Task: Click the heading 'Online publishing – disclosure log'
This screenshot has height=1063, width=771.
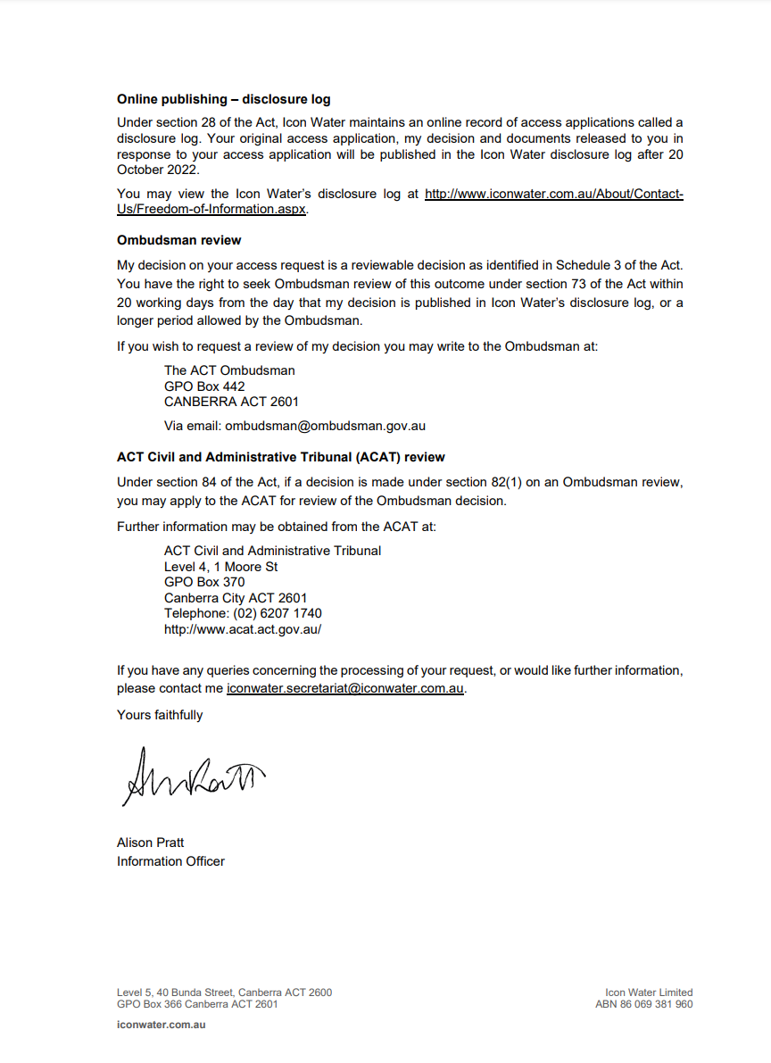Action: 223,99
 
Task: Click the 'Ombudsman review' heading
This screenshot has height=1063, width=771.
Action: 178,240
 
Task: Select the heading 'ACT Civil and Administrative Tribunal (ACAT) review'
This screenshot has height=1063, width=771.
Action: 280,457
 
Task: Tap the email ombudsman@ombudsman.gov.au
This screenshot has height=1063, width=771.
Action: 325,426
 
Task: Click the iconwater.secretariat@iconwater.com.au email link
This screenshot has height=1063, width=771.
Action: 345,689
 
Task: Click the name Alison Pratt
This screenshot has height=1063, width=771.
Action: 150,843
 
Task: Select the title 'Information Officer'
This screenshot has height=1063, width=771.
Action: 170,861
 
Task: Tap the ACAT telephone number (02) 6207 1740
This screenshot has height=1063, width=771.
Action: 278,613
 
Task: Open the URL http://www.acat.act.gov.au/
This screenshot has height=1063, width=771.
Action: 243,629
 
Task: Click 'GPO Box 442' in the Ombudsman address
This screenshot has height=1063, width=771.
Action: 204,386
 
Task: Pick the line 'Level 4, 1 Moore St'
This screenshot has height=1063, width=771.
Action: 220,567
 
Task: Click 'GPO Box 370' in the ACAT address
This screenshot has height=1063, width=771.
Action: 204,582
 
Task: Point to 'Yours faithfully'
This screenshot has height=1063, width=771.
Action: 160,715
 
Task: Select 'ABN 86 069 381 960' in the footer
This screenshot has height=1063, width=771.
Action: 643,1004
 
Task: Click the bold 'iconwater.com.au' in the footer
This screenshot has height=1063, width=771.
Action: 161,1025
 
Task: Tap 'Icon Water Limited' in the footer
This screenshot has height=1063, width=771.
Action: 649,992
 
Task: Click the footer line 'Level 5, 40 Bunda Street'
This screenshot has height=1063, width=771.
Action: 224,992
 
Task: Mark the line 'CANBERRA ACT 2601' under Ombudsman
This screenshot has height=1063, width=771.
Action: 231,402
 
